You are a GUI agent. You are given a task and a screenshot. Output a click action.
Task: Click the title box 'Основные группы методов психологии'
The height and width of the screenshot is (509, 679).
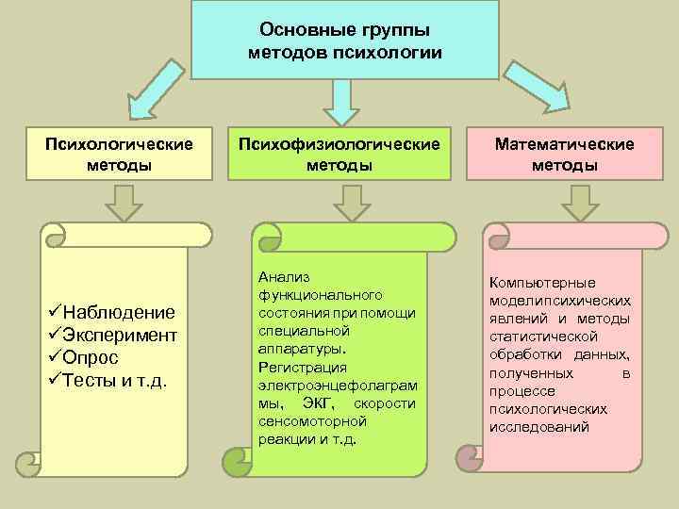(x=344, y=40)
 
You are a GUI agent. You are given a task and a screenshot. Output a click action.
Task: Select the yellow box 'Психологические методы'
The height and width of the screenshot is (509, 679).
(x=119, y=154)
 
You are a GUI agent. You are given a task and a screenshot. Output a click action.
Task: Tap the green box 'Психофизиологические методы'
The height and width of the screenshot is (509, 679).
(x=339, y=154)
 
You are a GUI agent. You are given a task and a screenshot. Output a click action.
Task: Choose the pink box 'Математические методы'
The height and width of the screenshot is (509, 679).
(x=564, y=154)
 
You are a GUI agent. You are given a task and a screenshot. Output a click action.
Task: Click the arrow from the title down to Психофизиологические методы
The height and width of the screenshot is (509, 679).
(x=341, y=99)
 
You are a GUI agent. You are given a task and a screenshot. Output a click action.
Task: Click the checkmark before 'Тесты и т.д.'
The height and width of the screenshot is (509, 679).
(x=54, y=381)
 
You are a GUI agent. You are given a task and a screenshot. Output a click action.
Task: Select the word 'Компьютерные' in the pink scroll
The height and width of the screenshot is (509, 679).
(x=541, y=283)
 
